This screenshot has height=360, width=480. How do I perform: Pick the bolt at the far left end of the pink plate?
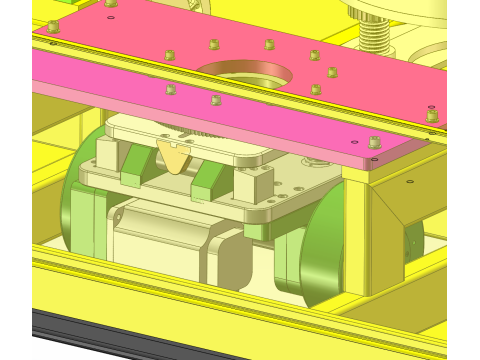pyautogui.click(x=53, y=27)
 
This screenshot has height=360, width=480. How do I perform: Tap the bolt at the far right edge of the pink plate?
pyautogui.click(x=432, y=116)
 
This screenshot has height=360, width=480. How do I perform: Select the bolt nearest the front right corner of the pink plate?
pyautogui.click(x=374, y=143)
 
